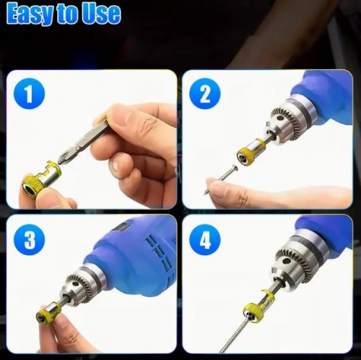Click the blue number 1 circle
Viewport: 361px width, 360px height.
coord(30,94)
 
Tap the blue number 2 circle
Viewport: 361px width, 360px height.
coord(205,94)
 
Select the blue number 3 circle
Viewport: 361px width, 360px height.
coord(30,239)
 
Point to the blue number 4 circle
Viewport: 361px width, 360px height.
coord(205,239)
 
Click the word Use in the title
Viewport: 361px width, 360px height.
coord(101,13)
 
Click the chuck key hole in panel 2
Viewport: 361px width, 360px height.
coord(279,119)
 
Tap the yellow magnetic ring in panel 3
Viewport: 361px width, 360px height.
coord(48,314)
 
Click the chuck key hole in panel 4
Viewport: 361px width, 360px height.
coord(286,261)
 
